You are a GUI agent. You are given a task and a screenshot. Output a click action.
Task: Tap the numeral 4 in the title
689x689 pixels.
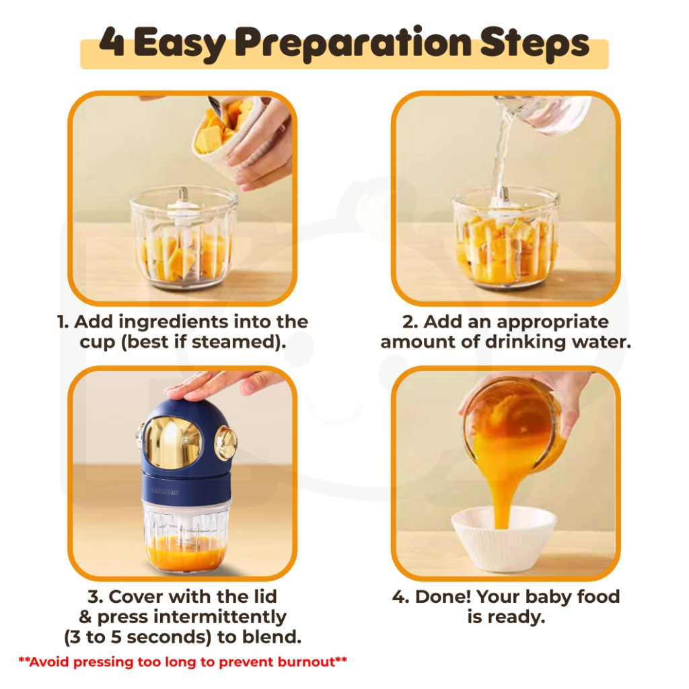click(112, 42)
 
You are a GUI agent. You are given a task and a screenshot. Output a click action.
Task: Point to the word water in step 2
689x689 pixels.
click(605, 341)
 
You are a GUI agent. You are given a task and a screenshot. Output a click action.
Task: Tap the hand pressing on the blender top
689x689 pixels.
click(220, 384)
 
